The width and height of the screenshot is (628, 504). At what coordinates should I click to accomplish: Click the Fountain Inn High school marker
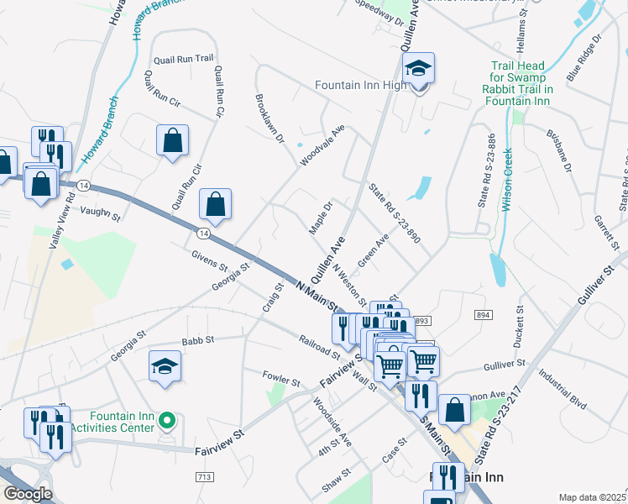pyautogui.click(x=417, y=68)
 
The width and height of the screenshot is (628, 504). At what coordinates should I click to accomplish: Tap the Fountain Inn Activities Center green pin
pyautogui.click(x=167, y=418)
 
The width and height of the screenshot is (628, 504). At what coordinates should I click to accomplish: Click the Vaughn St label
pyautogui.click(x=101, y=215)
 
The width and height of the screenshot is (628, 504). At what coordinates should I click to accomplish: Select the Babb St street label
pyautogui.click(x=198, y=341)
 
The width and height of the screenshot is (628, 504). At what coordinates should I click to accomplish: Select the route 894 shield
pyautogui.click(x=482, y=314)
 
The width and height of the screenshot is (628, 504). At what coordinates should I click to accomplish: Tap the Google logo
pyautogui.click(x=27, y=494)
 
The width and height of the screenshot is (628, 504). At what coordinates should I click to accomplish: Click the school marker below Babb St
pyautogui.click(x=165, y=366)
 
